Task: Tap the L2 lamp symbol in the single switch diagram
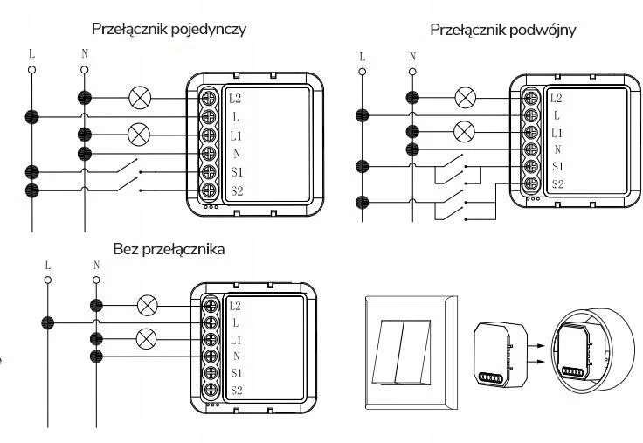tap(139, 97)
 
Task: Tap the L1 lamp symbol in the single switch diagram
tap(139, 135)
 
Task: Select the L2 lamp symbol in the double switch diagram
tap(466, 97)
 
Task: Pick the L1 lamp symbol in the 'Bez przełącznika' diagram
tap(149, 337)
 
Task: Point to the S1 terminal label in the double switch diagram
tap(557, 166)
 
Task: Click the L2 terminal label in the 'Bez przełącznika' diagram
tap(235, 306)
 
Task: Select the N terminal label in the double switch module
tap(557, 149)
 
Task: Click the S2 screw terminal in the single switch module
tap(210, 190)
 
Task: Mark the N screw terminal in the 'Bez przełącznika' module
tap(210, 356)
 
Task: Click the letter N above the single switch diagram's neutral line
tap(85, 52)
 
